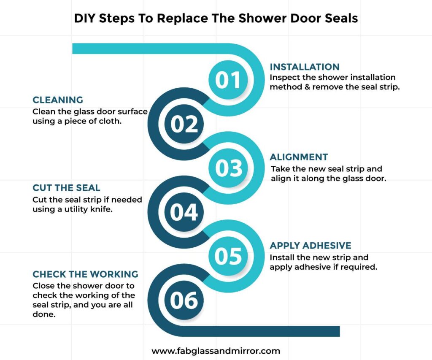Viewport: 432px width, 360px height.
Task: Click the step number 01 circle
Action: (x=228, y=80)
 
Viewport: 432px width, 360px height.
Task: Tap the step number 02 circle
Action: (x=184, y=124)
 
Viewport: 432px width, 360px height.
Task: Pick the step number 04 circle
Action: (x=184, y=212)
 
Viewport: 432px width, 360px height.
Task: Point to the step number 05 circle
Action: (x=228, y=256)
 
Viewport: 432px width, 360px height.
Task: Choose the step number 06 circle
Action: (x=184, y=300)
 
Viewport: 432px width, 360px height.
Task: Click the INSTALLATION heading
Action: (x=305, y=67)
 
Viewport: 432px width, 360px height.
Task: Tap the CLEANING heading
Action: (x=58, y=100)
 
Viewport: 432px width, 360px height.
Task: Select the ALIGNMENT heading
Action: (x=299, y=157)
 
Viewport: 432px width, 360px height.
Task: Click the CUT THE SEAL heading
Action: (x=66, y=188)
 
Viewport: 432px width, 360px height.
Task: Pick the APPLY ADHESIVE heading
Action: (x=310, y=246)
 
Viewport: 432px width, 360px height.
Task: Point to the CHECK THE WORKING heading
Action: (x=85, y=274)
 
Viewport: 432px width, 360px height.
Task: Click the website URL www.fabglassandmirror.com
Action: (x=216, y=351)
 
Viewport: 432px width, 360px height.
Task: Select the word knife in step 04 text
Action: (x=102, y=209)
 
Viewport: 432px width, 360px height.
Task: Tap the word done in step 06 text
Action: (x=44, y=314)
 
